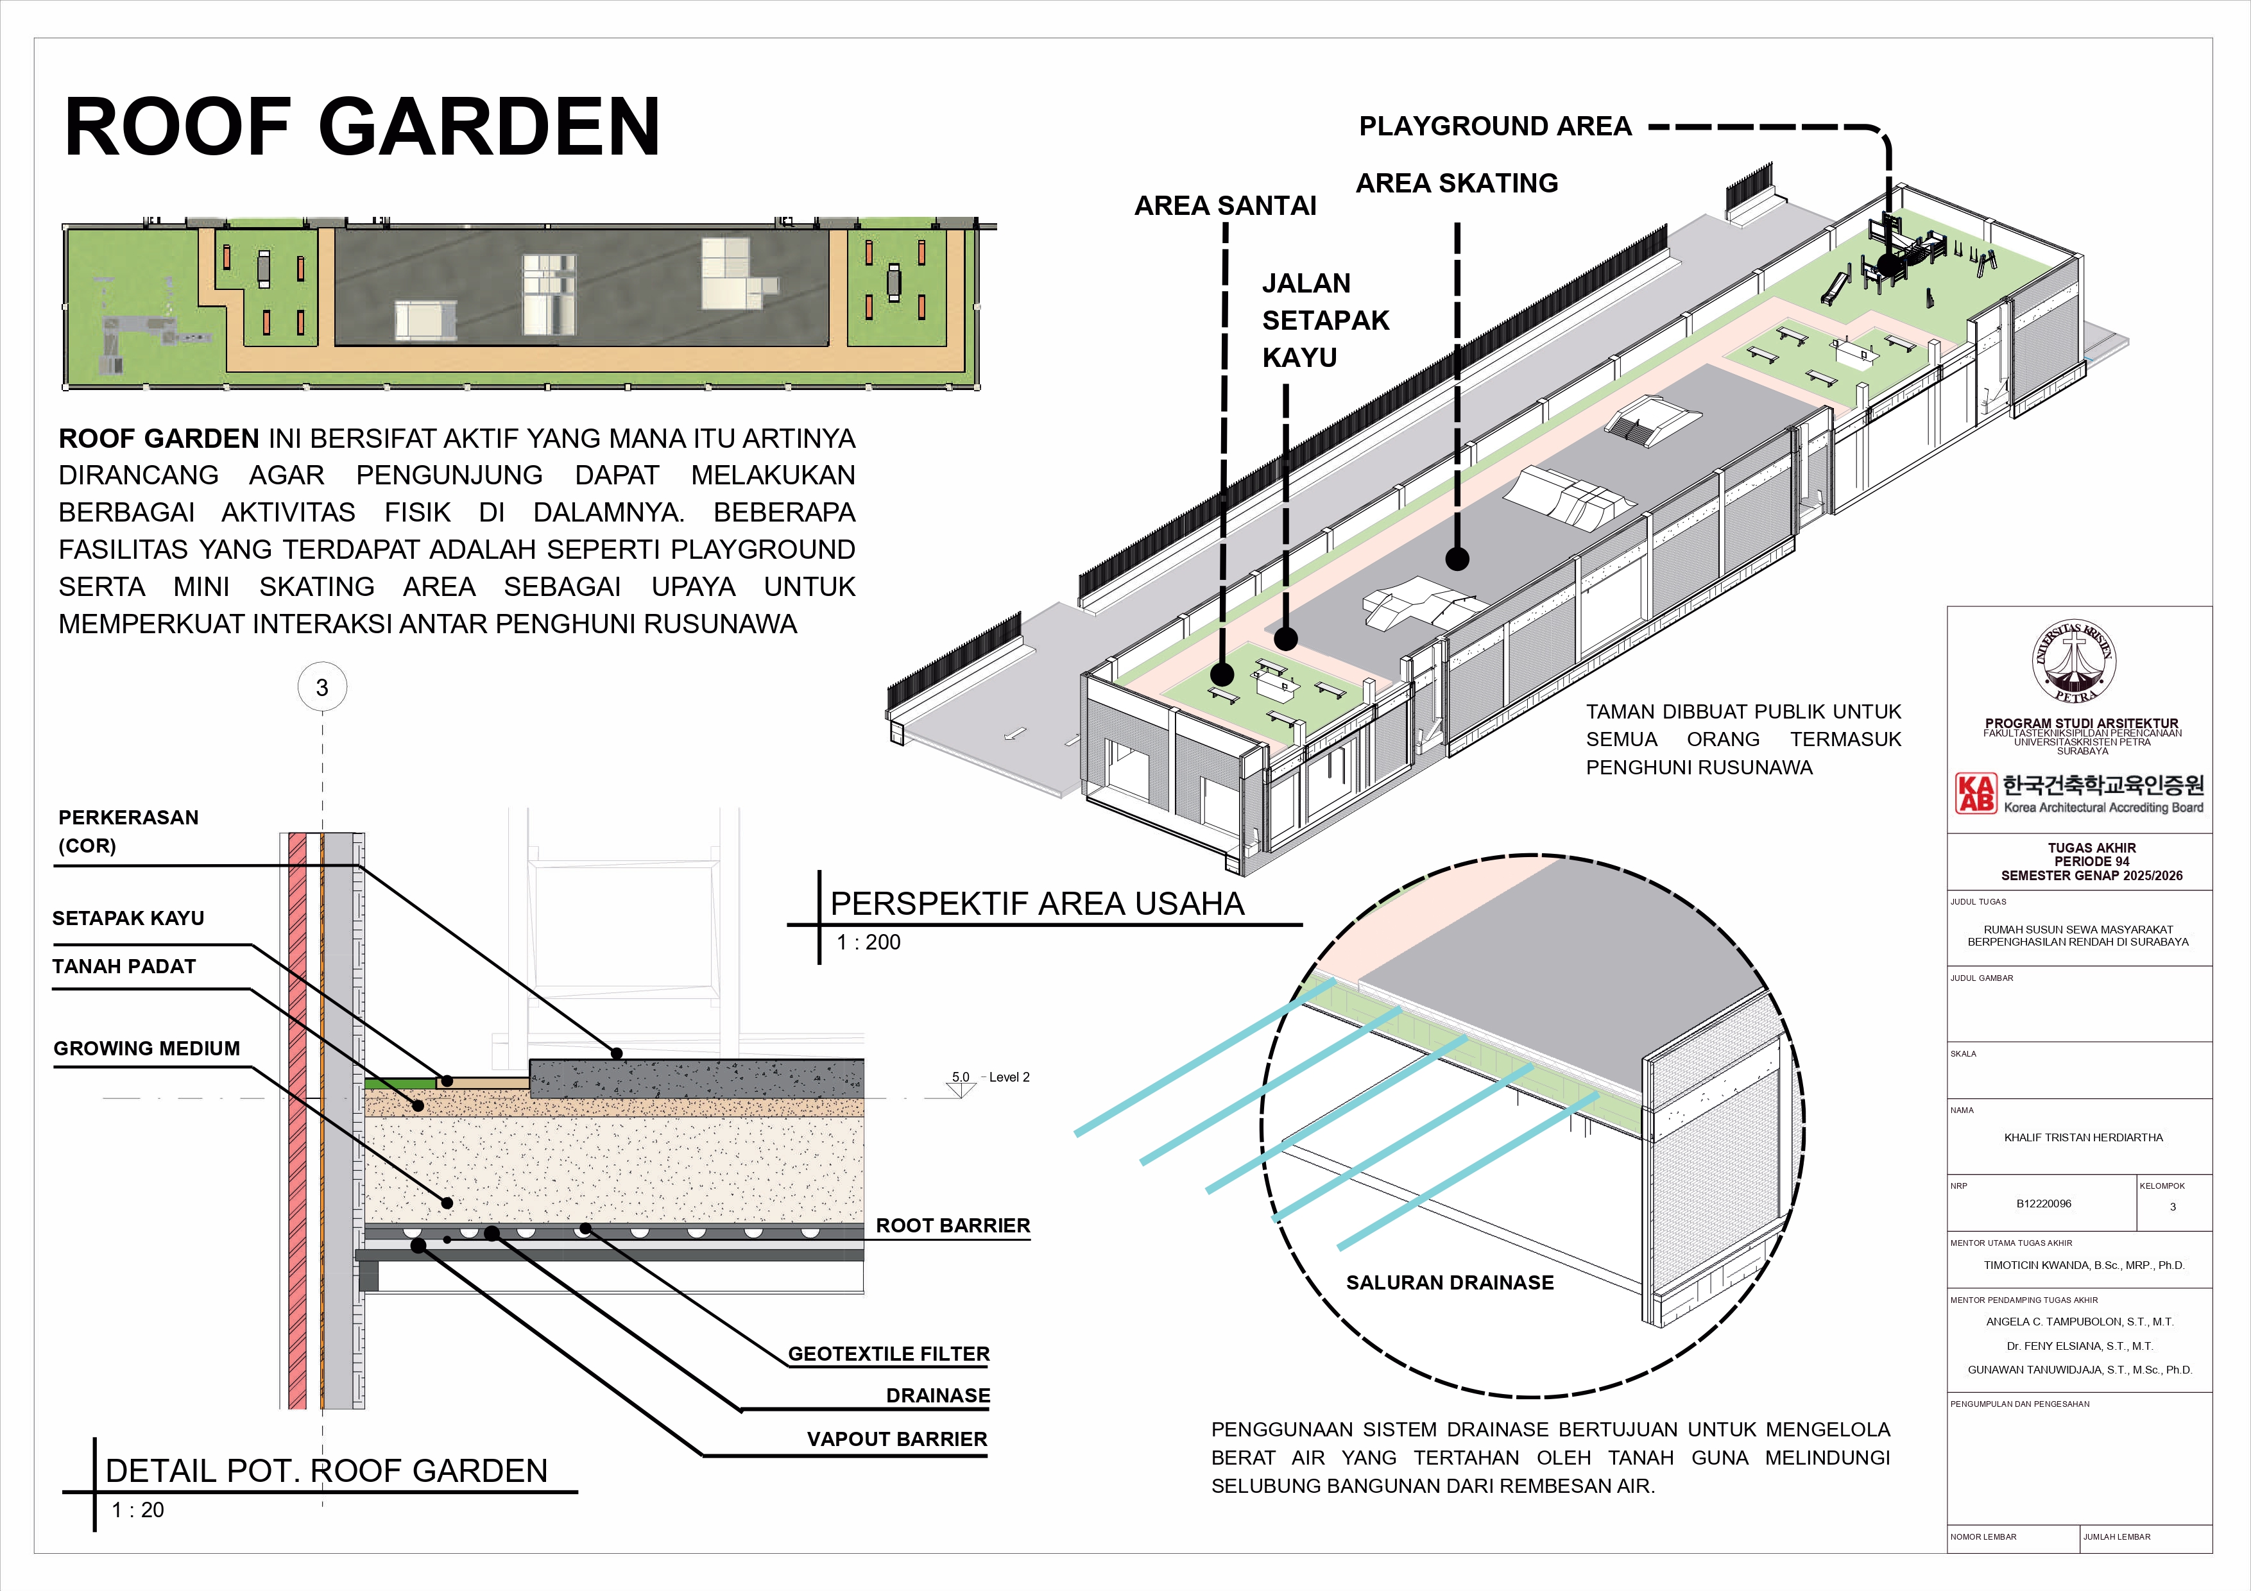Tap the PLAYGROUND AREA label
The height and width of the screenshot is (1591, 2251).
pos(1495,126)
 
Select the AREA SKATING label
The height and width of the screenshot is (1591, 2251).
pos(1457,183)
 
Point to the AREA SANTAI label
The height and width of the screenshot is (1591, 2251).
pos(1226,206)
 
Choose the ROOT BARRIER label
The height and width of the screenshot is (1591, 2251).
pos(953,1225)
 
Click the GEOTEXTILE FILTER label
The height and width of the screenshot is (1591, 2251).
pos(889,1354)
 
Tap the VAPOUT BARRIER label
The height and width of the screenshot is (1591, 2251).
pos(897,1439)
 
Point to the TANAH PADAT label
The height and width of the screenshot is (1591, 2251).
pos(124,967)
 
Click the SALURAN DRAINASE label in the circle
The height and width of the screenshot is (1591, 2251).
pos(1450,1283)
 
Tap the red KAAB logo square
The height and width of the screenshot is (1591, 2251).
pos(1976,793)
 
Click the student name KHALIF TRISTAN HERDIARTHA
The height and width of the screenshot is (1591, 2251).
pos(2084,1138)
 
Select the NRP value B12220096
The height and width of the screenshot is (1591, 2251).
pos(2044,1204)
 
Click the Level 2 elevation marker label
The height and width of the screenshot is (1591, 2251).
pos(1009,1077)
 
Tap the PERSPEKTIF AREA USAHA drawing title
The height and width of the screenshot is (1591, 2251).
pos(1037,904)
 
